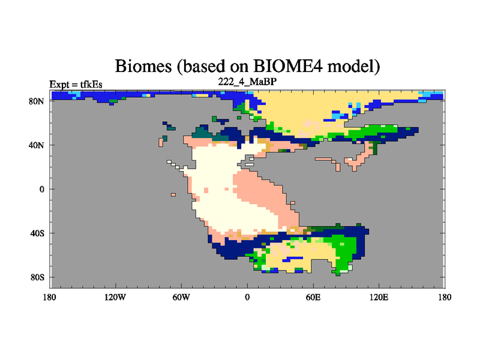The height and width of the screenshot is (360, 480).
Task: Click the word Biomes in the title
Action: tap(143, 66)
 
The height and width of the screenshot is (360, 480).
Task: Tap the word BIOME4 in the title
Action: tap(288, 65)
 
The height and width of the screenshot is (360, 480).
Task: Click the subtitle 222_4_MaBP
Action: tap(247, 82)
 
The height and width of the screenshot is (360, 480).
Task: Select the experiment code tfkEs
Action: tap(91, 85)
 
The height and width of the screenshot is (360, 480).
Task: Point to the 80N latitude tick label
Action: tap(37, 101)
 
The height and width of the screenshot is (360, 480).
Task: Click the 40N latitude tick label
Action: tap(37, 145)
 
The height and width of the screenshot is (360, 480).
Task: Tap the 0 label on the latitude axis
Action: tap(41, 189)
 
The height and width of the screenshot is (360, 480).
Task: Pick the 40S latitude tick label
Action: tap(37, 233)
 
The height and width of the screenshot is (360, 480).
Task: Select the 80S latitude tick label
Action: tap(37, 277)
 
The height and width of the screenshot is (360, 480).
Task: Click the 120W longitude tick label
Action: tap(115, 297)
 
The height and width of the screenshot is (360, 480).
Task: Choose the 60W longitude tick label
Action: tap(181, 297)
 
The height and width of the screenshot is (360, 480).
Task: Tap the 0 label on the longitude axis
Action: tap(247, 297)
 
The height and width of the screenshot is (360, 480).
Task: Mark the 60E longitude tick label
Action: tap(313, 297)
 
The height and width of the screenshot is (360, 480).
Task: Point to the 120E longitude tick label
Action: tap(379, 297)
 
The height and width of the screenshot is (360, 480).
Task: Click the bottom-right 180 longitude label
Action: tap(445, 297)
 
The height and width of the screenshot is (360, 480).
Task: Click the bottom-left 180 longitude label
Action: tap(50, 297)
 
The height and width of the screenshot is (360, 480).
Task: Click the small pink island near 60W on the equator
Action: tap(173, 194)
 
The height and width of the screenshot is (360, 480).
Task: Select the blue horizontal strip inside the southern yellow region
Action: tap(293, 259)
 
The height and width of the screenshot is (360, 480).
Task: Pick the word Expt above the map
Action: tap(59, 85)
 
